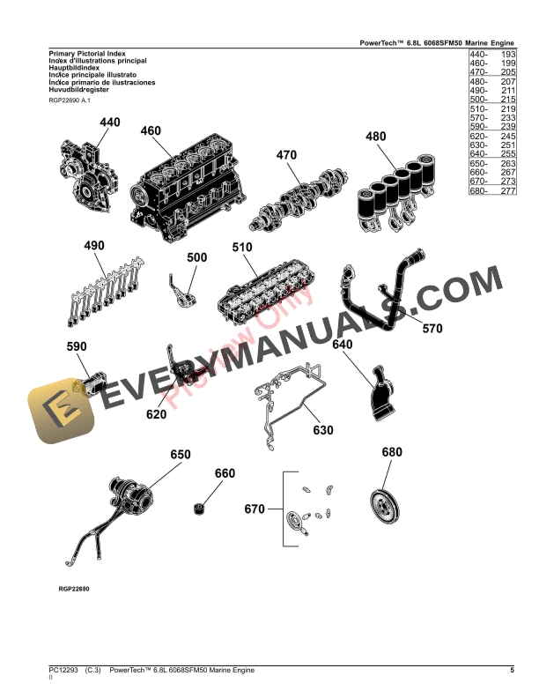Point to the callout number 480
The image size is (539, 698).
[x=376, y=137]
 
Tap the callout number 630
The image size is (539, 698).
[x=324, y=432]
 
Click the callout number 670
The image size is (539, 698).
[x=255, y=509]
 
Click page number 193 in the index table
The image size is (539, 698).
[x=507, y=55]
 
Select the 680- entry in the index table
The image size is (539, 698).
[x=478, y=190]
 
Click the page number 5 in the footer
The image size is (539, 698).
[x=512, y=671]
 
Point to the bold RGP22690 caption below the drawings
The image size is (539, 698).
[x=72, y=588]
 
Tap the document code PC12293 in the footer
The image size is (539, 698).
[x=64, y=671]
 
